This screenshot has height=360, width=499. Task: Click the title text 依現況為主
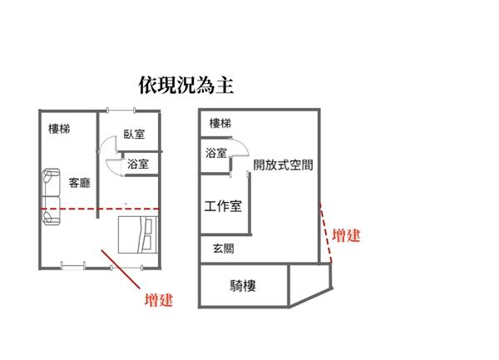pos(186,86)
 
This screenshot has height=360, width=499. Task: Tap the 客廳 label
pos(80,183)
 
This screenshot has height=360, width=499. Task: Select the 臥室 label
pos(134,134)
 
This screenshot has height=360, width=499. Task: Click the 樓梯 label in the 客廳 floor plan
pos(59,129)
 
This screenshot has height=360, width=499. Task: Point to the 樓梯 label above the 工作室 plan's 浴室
pos(220,123)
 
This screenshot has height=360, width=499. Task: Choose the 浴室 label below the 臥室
pos(138,164)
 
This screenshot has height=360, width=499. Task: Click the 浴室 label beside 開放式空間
pos(216,153)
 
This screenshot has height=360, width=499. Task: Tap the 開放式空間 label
pos(283,165)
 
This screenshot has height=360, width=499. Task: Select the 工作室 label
pos(223,206)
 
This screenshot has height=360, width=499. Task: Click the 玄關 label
pos(224,249)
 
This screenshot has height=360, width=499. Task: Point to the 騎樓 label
pos(243,286)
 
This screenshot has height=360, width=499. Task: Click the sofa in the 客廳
pos(52,197)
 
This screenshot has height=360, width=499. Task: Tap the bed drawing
pos(138,234)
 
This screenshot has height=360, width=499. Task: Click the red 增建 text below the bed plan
pos(159,300)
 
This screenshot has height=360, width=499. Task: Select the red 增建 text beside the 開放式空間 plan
pos(346,235)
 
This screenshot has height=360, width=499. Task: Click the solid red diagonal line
pos(121,269)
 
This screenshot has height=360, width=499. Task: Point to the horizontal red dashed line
pos(100,209)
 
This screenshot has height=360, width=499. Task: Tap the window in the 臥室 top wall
pos(121,111)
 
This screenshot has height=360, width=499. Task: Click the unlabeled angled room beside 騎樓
pos(309,282)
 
